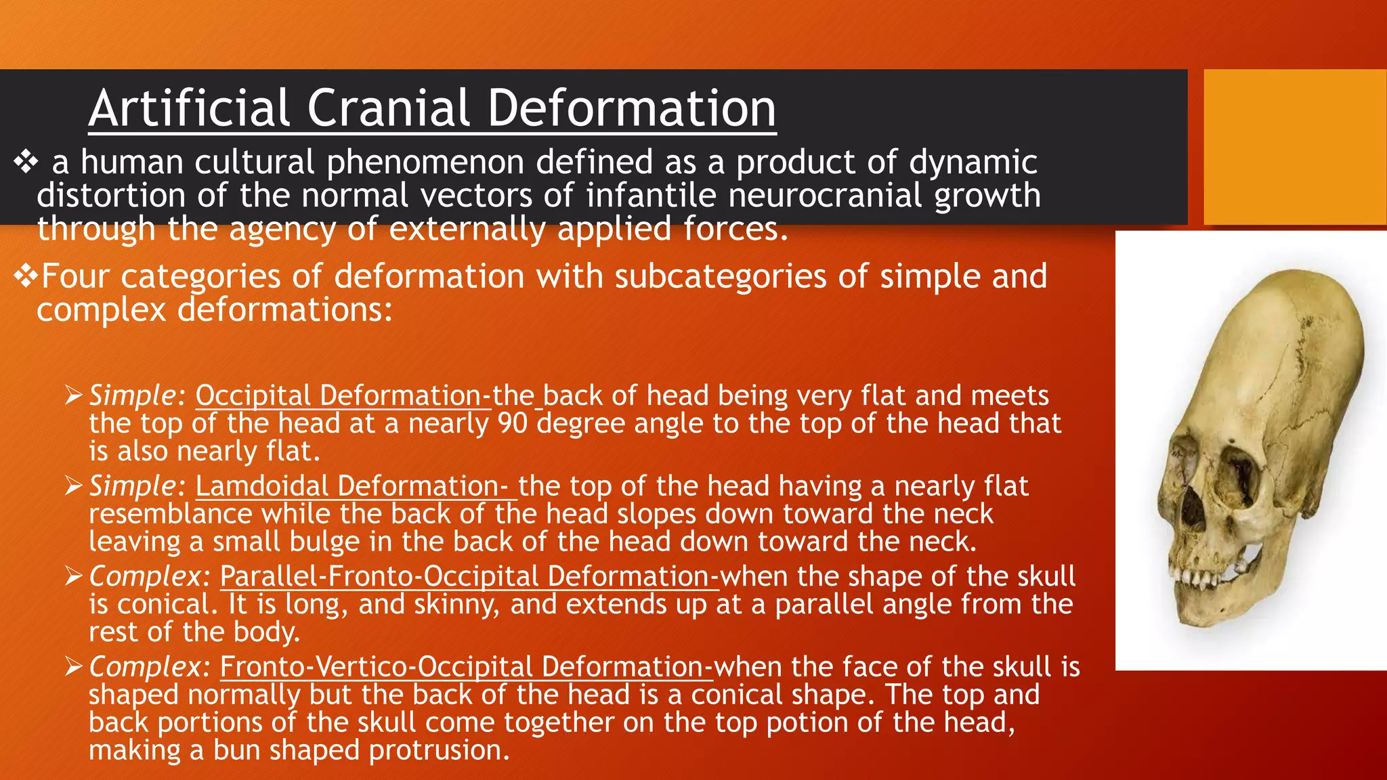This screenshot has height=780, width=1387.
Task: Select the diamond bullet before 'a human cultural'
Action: [x=26, y=162]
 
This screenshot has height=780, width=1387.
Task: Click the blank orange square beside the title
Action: [x=1295, y=147]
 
